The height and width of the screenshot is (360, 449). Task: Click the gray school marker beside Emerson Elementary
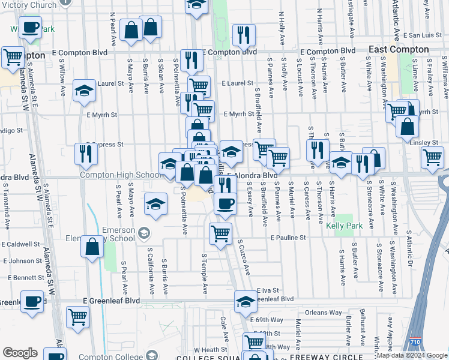(143, 232)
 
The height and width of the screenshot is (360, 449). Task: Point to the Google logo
(20, 353)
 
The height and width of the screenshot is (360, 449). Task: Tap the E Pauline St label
(288, 238)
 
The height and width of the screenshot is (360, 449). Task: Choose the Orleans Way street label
(323, 313)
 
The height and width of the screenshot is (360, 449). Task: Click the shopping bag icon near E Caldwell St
(92, 247)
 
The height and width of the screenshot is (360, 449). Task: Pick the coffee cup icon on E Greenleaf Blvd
(32, 301)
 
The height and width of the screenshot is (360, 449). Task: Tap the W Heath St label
(206, 350)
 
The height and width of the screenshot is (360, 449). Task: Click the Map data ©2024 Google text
(412, 355)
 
